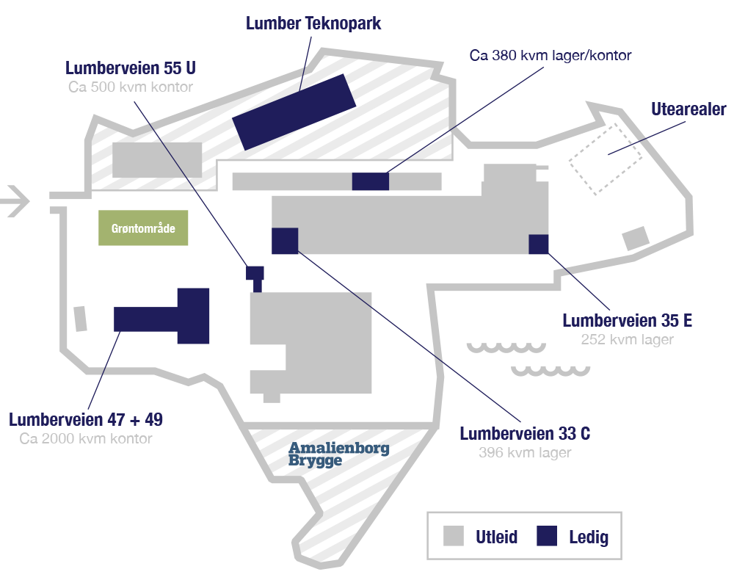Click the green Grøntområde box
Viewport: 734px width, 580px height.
(144, 229)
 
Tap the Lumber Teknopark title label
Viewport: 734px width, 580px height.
(313, 23)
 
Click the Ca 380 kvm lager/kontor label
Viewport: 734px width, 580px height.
(550, 55)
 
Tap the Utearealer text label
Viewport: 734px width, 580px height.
(688, 110)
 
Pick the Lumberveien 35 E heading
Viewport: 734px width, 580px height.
(627, 321)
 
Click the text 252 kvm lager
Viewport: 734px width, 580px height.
(627, 340)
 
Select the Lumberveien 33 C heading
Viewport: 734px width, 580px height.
(525, 434)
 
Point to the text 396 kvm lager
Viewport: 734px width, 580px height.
(525, 453)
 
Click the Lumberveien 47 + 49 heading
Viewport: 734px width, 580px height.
(86, 420)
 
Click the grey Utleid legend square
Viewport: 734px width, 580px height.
(454, 537)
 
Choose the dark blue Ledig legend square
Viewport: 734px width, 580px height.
(547, 537)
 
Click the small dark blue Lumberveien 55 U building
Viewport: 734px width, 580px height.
(254, 273)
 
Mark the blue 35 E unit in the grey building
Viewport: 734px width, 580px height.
(539, 244)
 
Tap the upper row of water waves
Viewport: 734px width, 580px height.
(506, 347)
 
